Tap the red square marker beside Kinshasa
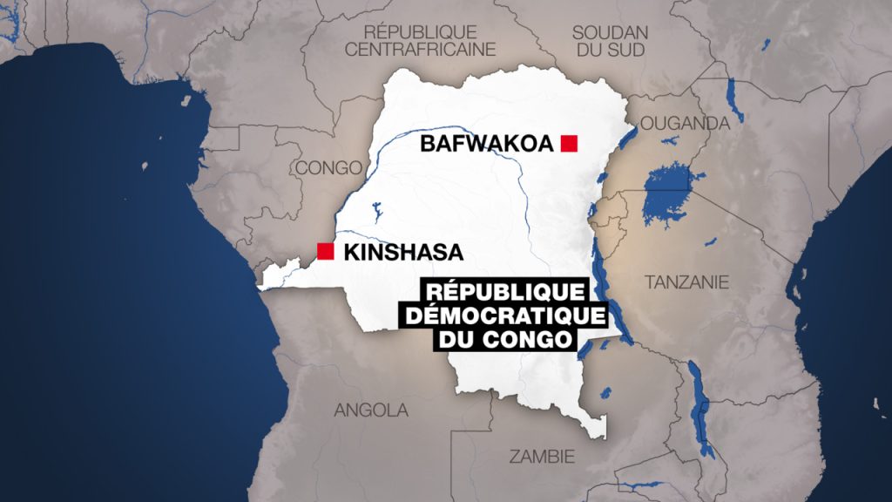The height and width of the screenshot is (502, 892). pos(326,252)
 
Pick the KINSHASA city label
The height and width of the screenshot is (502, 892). pos(402,253)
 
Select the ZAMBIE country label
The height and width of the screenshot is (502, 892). pos(543,455)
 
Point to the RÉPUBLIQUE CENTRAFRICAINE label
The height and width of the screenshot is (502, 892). pos(420,40)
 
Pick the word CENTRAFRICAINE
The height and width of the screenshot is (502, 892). pos(420,50)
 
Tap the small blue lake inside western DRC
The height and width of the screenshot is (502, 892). pos(376,212)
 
